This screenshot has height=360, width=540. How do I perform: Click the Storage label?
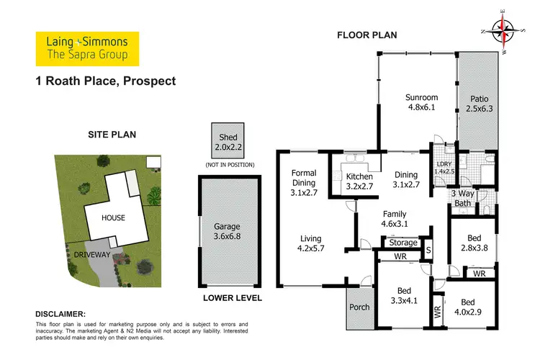pyautogui.click(x=403, y=243)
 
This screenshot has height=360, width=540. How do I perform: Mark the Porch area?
pyautogui.click(x=359, y=307)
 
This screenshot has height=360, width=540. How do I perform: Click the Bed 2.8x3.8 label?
pyautogui.click(x=472, y=242)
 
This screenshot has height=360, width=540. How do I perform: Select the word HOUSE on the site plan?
pyautogui.click(x=113, y=217)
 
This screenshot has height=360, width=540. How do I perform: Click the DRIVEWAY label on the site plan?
pyautogui.click(x=89, y=254)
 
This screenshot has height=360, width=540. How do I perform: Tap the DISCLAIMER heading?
pyautogui.click(x=60, y=314)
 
